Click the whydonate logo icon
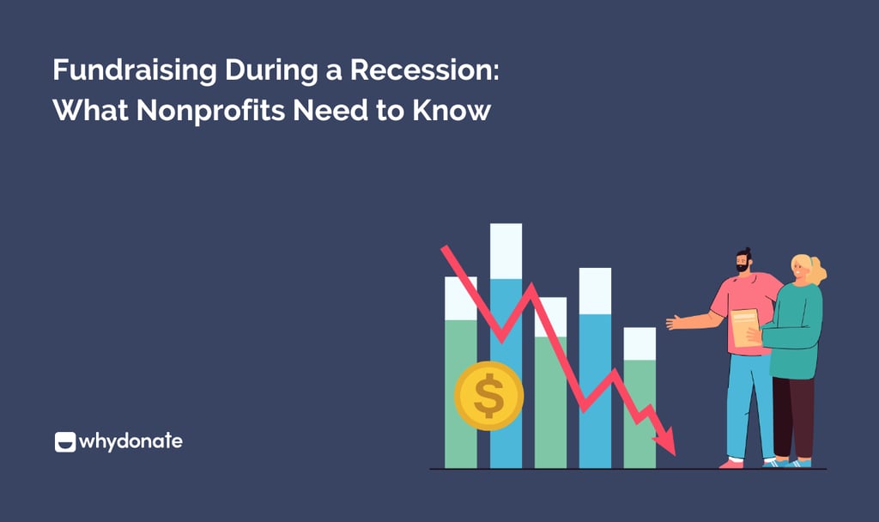[64, 442]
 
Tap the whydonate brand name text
[130, 442]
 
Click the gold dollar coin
[488, 396]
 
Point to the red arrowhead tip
[672, 451]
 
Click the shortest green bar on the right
[640, 412]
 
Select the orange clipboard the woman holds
[745, 326]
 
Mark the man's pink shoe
[731, 463]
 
